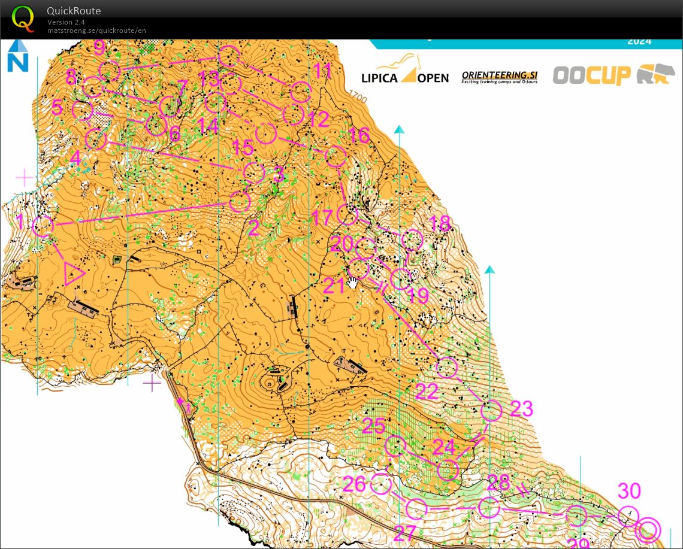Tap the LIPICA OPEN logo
click(404, 71)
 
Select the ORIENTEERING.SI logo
click(499, 77)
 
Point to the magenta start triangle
click(74, 274)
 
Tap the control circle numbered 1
click(43, 226)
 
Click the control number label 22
click(426, 392)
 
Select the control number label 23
click(521, 408)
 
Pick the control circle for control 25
click(395, 446)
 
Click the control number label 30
click(629, 491)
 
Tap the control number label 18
click(439, 223)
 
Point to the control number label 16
click(358, 136)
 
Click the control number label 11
click(322, 71)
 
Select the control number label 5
click(58, 108)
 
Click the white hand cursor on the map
click(353, 283)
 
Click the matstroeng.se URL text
click(96, 31)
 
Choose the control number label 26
click(354, 484)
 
